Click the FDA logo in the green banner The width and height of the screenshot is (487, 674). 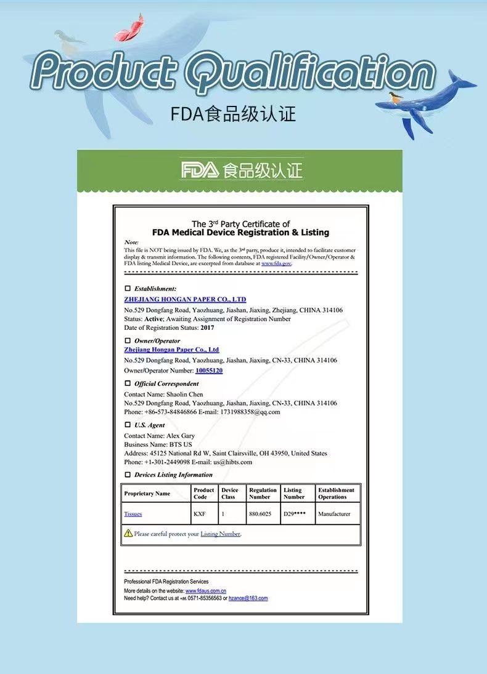pos(199,171)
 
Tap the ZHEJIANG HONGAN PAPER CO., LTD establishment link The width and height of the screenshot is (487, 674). pos(185,299)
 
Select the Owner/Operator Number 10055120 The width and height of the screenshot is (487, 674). pos(209,371)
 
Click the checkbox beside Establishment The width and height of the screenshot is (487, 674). pos(128,288)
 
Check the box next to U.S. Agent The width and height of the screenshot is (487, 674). pos(128,425)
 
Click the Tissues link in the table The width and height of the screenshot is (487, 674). pos(133,513)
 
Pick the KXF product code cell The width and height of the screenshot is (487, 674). pos(200,513)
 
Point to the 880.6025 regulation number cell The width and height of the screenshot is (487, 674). pos(260,513)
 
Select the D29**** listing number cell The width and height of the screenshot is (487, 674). pos(295,513)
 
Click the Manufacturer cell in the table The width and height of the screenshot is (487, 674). pos(334,513)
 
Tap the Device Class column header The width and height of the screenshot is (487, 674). pos(229,494)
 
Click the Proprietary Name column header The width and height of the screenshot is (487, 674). pos(147,494)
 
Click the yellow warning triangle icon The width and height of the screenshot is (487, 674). pos(128,533)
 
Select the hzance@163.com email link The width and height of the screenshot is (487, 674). pos(248,598)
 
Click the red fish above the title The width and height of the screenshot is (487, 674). pos(131,28)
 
